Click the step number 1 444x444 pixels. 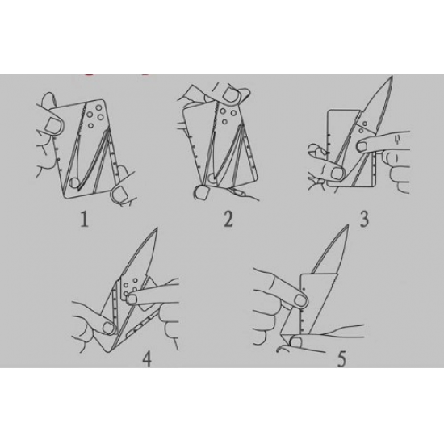tap(84, 220)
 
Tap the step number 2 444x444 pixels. tap(228, 219)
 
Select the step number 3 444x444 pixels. tap(364, 219)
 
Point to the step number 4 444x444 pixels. tap(147, 358)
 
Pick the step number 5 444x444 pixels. tap(341, 358)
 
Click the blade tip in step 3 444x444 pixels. tap(392, 76)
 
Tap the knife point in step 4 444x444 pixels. tap(156, 228)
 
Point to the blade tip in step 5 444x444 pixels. tap(347, 226)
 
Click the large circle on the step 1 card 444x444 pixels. tap(74, 182)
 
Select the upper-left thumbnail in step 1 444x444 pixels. tap(53, 124)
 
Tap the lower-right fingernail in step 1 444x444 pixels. tap(119, 195)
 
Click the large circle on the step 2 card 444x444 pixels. tap(212, 178)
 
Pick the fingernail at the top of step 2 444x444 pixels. tap(231, 94)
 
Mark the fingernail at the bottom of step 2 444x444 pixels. tap(202, 193)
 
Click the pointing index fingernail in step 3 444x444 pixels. tap(362, 146)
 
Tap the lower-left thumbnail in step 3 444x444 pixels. tap(337, 173)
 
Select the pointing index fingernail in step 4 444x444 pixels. tap(132, 299)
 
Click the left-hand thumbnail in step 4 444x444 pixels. tap(108, 328)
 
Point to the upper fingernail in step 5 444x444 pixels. tap(299, 300)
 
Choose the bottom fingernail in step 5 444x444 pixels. tap(295, 342)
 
